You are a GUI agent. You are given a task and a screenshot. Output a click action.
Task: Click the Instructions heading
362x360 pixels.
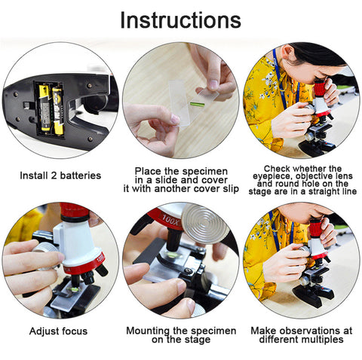pos(181,20)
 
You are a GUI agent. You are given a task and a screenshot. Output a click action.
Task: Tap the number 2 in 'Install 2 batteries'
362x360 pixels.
pos(54,175)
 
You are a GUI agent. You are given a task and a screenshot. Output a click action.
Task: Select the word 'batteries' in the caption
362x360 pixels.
pos(81,175)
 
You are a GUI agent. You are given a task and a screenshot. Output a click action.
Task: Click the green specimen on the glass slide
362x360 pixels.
pos(197,104)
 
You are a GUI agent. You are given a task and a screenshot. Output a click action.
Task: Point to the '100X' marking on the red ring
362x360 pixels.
pos(170,219)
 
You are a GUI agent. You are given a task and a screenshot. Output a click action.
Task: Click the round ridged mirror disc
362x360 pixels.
pos(205,224)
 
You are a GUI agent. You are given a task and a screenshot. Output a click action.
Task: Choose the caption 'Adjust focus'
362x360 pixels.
pos(58,331)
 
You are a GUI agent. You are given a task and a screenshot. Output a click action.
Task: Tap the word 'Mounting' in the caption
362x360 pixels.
pos(148,331)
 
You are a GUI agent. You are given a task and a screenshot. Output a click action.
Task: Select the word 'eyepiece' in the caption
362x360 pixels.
pos(271,176)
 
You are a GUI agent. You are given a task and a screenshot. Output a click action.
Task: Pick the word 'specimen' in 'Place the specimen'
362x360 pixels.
pos(205,172)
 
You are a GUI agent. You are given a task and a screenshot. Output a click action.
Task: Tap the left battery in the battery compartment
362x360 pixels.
pos(44,108)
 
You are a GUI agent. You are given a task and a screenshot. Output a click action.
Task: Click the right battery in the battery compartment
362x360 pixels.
pos(57,111)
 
